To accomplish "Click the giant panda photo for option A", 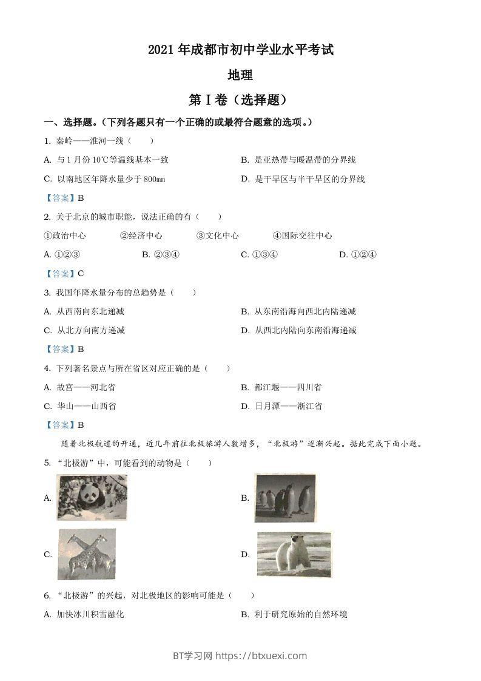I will [92, 498].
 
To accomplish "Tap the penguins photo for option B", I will [285, 498].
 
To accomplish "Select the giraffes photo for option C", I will [87, 554].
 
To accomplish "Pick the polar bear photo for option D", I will [294, 554].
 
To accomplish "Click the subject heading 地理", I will [240, 75].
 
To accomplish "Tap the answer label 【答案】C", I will [64, 273].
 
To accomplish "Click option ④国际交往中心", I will [302, 235].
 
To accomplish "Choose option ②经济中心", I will [141, 235].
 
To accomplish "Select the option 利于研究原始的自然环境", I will [300, 614].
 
